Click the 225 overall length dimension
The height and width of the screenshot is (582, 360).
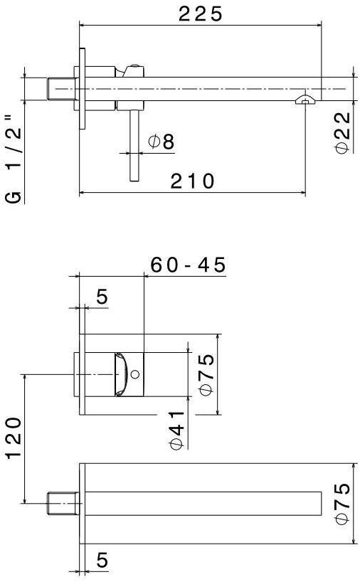[200, 14]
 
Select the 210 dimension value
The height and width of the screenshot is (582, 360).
[192, 181]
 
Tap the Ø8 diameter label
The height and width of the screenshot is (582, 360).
[161, 142]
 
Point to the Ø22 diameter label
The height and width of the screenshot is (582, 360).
[342, 131]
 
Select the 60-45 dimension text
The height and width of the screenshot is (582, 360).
[188, 265]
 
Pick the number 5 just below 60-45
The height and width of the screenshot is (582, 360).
[102, 297]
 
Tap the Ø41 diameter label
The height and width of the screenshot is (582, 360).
[177, 428]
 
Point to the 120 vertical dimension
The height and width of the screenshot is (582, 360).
[14, 448]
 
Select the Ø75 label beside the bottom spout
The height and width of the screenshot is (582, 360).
[342, 504]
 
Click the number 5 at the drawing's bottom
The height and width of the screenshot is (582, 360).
[102, 561]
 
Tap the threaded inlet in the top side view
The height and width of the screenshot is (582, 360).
[60, 89]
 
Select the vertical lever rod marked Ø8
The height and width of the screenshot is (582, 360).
[133, 146]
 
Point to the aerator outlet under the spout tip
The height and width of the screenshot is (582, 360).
[305, 99]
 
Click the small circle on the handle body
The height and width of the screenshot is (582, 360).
[137, 374]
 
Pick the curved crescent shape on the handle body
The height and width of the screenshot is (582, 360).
[122, 374]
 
